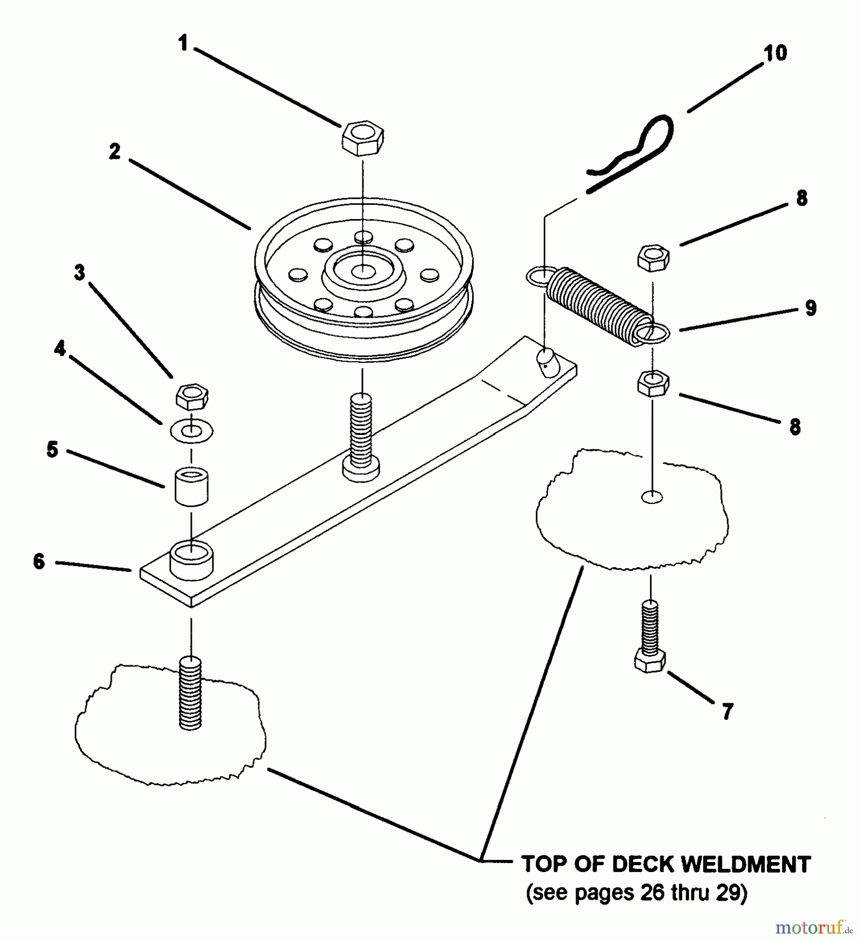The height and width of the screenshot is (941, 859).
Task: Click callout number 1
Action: [x=182, y=44]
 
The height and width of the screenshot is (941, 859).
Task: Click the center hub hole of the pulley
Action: [x=362, y=271]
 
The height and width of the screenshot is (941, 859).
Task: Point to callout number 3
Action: [x=79, y=272]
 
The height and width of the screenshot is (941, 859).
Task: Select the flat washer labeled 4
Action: [x=192, y=431]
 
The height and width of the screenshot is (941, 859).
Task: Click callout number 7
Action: [x=727, y=711]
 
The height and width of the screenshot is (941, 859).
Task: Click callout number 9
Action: [x=810, y=308]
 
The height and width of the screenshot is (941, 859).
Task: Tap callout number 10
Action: [x=775, y=53]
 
